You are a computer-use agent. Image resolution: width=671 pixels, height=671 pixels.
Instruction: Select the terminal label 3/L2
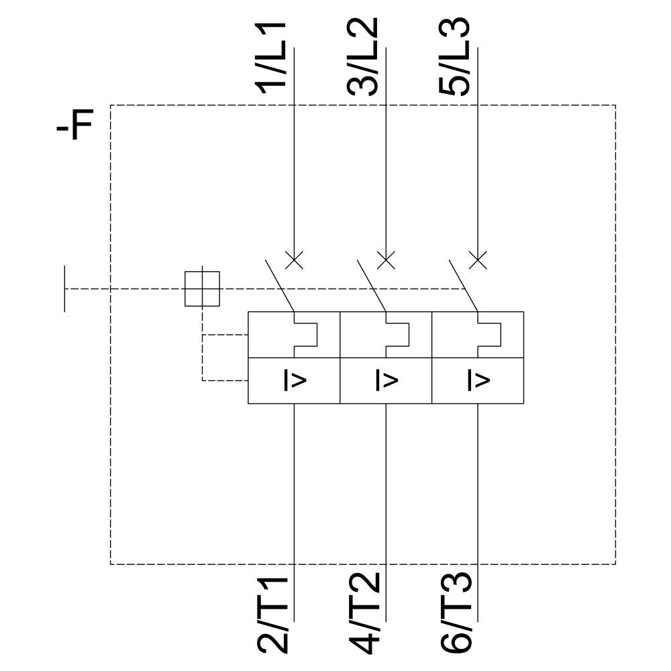pyautogui.click(x=364, y=55)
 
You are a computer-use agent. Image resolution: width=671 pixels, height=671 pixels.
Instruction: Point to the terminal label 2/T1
pyautogui.click(x=274, y=614)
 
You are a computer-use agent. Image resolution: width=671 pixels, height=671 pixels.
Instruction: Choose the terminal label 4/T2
pyautogui.click(x=364, y=614)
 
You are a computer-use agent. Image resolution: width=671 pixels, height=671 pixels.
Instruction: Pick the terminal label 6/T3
pyautogui.click(x=456, y=614)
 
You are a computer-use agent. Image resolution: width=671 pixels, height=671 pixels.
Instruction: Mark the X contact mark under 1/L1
pyautogui.click(x=295, y=260)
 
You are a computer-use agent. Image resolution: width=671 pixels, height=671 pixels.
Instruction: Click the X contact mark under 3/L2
pyautogui.click(x=386, y=260)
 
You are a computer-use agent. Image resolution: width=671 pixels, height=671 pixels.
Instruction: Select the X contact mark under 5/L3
pyautogui.click(x=477, y=260)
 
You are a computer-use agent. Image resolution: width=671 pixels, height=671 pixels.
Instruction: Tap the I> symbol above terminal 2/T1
pyautogui.click(x=295, y=381)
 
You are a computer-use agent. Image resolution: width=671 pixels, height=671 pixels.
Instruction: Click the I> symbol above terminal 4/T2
pyautogui.click(x=386, y=381)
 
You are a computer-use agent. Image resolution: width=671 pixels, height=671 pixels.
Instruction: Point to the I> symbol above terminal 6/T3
pyautogui.click(x=477, y=381)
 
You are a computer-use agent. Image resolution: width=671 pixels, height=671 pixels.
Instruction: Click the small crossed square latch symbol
pyautogui.click(x=202, y=289)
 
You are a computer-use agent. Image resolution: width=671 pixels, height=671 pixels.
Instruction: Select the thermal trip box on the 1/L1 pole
pyautogui.click(x=295, y=335)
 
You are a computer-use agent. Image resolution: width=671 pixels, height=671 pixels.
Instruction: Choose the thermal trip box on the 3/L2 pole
pyautogui.click(x=386, y=335)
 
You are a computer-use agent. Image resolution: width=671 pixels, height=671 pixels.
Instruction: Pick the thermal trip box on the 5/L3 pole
pyautogui.click(x=477, y=335)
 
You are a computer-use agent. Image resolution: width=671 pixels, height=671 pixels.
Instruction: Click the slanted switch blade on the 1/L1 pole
pyautogui.click(x=279, y=283)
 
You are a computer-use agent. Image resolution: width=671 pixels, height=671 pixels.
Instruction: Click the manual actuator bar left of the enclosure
pyautogui.click(x=65, y=289)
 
